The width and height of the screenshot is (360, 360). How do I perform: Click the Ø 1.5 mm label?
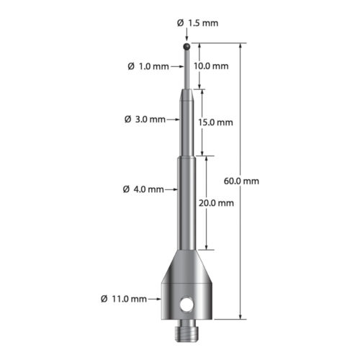(197, 22)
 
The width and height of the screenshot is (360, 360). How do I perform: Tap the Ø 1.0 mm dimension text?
(148, 66)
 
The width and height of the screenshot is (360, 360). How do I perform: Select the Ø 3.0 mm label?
(147, 119)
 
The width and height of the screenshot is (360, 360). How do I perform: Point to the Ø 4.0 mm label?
(144, 190)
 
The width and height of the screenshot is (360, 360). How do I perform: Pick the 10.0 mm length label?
(212, 66)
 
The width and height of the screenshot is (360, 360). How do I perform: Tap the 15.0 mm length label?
(217, 122)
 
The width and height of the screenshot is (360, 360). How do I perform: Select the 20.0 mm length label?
(217, 203)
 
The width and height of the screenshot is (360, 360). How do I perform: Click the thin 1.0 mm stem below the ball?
(187, 68)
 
